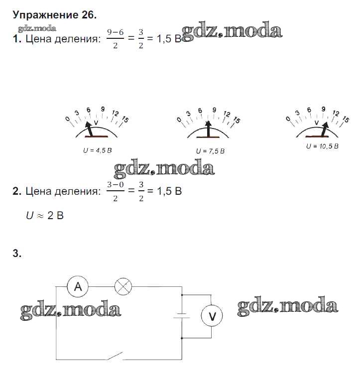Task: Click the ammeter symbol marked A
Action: coord(78,286)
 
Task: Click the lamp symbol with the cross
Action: coord(123,286)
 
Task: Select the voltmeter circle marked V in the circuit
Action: coord(212,316)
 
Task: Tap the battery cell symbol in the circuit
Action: coord(182,316)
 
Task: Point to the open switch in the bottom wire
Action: coord(116,356)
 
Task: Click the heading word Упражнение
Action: coord(46,15)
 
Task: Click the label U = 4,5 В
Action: coord(98,150)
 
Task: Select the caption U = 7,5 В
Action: coord(210,151)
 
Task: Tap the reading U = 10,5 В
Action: coord(322,146)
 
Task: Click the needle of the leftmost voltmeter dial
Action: coord(89,129)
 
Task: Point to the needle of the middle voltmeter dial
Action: coord(209,129)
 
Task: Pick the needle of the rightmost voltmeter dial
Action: coord(325,129)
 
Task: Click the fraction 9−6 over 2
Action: coord(116,39)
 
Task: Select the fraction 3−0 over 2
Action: coord(116,191)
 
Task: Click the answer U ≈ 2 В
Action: coord(45,215)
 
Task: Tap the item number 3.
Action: coord(17,254)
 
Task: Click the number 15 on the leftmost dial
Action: coord(125,120)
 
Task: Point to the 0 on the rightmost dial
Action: coord(288,119)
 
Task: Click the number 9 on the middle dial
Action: coord(214,110)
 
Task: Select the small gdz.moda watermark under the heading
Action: coord(37,29)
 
